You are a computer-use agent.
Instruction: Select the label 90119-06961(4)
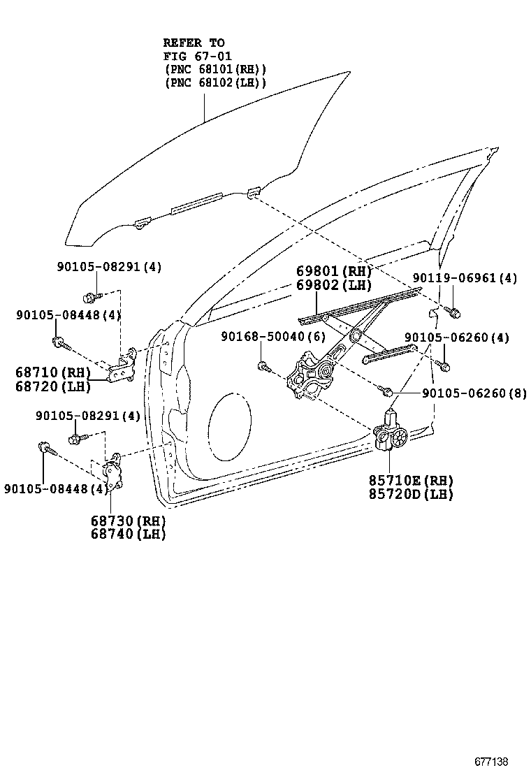(465, 278)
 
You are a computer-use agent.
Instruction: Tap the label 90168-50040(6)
(273, 336)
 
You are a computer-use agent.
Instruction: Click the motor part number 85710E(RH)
(411, 480)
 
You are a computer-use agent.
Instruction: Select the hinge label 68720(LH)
(52, 385)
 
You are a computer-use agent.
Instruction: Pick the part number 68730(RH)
(127, 521)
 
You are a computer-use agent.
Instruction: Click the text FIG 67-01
(198, 56)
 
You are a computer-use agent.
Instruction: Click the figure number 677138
(492, 761)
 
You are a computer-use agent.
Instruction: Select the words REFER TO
(194, 43)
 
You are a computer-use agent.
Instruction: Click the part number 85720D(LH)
(411, 494)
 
